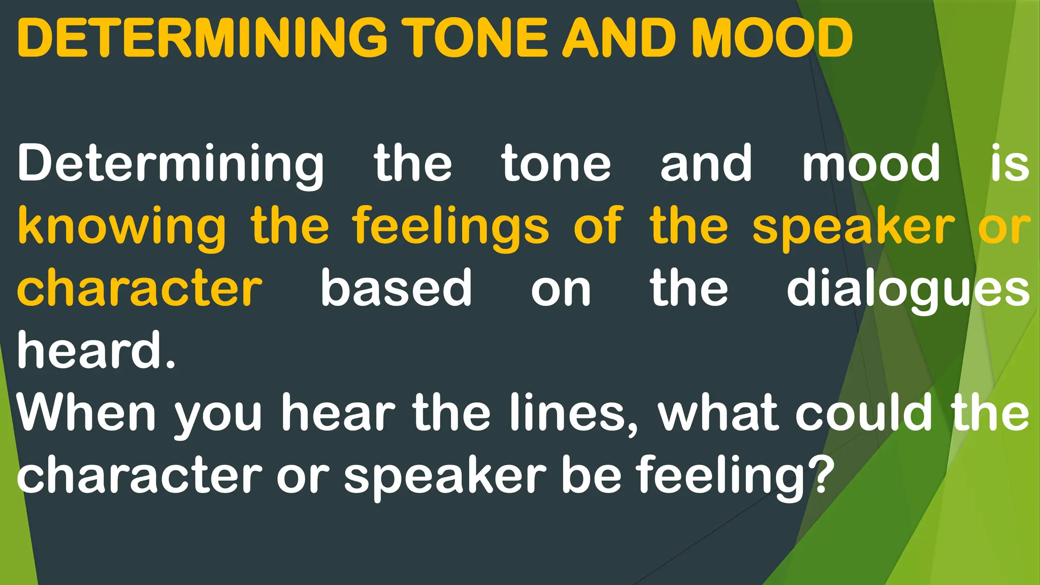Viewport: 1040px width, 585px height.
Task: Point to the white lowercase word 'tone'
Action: tap(557, 164)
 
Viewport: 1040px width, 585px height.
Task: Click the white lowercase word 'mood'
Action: tap(871, 164)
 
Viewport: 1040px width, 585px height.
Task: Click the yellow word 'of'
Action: tap(598, 226)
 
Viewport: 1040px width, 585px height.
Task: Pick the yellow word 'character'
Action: tap(140, 288)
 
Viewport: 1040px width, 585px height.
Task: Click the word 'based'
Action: tap(396, 288)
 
